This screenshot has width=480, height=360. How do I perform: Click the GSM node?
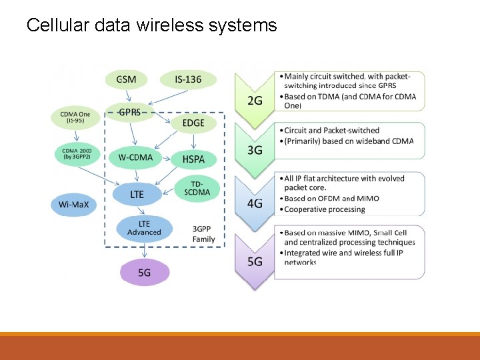pyautogui.click(x=126, y=80)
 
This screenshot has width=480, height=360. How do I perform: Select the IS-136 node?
pyautogui.click(x=188, y=80)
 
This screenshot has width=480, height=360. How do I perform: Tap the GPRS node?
pyautogui.click(x=129, y=112)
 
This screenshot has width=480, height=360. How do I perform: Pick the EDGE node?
pyautogui.click(x=193, y=123)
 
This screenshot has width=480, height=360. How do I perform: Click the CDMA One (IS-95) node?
pyautogui.click(x=75, y=117)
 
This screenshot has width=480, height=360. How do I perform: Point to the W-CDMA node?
pyautogui.click(x=135, y=158)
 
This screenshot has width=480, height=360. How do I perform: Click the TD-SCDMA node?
pyautogui.click(x=197, y=188)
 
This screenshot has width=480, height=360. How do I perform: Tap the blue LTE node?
pyautogui.click(x=137, y=195)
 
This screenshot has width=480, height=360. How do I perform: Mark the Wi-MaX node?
pyautogui.click(x=73, y=205)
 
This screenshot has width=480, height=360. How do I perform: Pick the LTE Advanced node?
pyautogui.click(x=144, y=228)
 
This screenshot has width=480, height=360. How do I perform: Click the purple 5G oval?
pyautogui.click(x=144, y=273)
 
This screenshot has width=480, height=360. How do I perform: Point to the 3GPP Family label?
pyautogui.click(x=203, y=234)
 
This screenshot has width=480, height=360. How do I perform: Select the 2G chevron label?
pyautogui.click(x=255, y=101)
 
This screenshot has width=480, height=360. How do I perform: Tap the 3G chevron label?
pyautogui.click(x=255, y=150)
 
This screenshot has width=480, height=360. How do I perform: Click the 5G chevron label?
pyautogui.click(x=255, y=261)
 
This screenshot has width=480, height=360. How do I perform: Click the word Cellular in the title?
pyautogui.click(x=58, y=25)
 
